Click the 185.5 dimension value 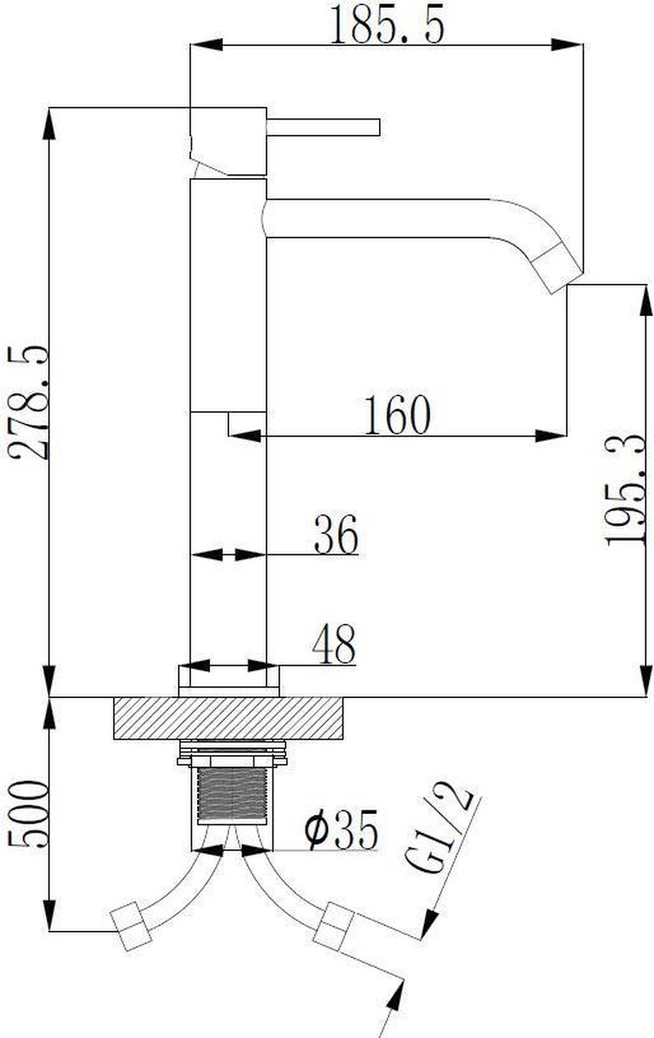point(387,23)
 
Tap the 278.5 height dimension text point(28,401)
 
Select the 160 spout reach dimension point(398,414)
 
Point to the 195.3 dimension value point(625,490)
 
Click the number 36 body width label point(337,535)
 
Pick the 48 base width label point(334,644)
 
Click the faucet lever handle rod point(324,127)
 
